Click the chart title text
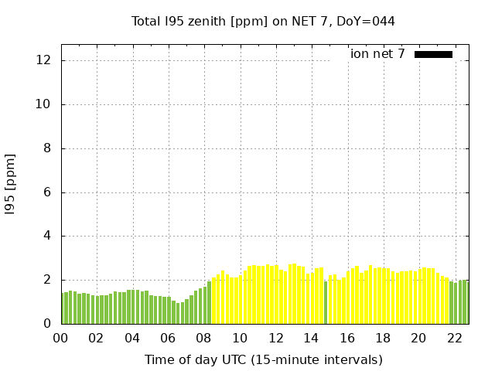click(263, 22)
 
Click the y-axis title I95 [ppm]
click(11, 183)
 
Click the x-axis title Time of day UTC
click(263, 359)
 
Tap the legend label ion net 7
click(377, 54)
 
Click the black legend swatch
click(433, 54)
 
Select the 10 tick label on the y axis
click(45, 104)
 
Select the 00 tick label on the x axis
click(61, 338)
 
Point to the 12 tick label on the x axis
click(275, 338)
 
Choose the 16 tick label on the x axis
click(346, 338)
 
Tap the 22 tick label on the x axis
click(454, 338)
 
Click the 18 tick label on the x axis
click(383, 338)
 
